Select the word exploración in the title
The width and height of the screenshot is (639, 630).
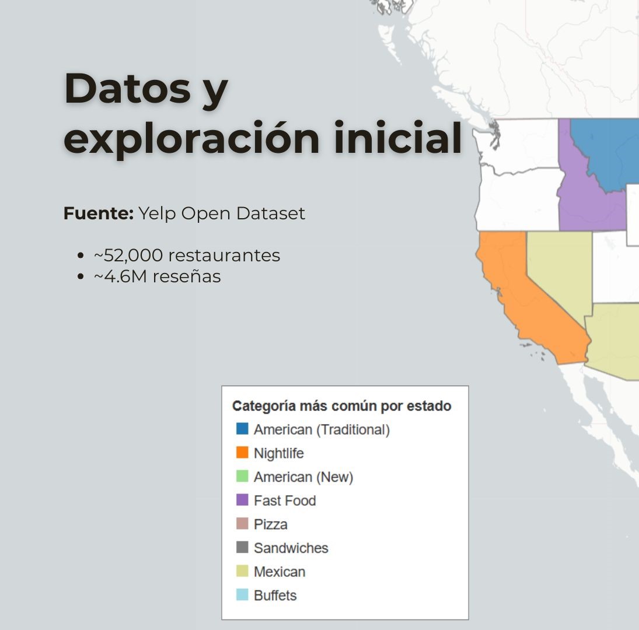click(x=191, y=138)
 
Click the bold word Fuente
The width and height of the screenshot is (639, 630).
click(x=99, y=213)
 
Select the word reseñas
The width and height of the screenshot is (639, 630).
click(x=187, y=276)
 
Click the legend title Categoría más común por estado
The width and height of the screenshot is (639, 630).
click(x=341, y=406)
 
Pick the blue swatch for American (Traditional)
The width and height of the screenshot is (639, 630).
click(x=242, y=429)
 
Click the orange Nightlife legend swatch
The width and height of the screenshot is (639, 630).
click(x=242, y=453)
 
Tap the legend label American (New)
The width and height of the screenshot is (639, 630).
click(x=303, y=477)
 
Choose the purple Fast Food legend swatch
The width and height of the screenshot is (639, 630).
click(x=242, y=500)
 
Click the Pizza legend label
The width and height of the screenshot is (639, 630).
click(x=271, y=524)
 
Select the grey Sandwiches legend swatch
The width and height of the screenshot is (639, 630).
click(x=242, y=548)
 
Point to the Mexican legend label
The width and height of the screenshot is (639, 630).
click(x=280, y=572)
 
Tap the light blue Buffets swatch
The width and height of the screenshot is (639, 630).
click(x=242, y=595)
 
